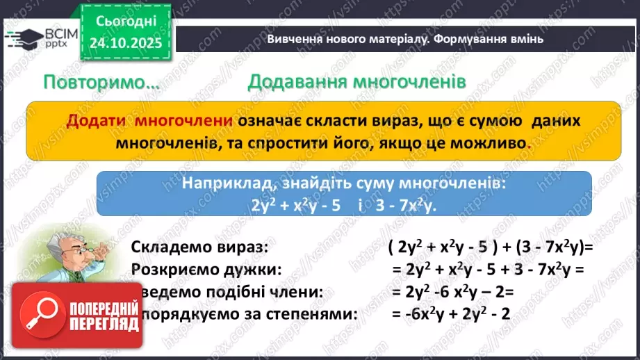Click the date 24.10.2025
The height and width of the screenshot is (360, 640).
125,43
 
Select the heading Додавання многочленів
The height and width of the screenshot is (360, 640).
356,82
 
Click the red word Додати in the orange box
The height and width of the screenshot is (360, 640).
97,120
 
